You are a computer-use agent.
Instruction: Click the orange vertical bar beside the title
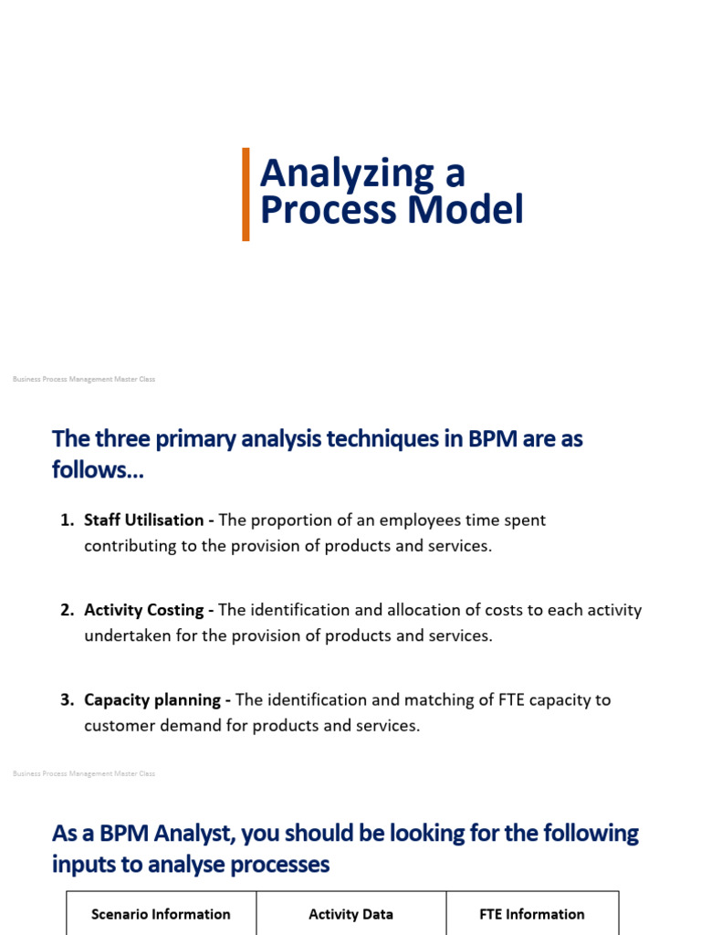(246, 194)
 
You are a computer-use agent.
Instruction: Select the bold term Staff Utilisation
(144, 520)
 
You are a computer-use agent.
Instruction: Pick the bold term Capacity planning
(153, 699)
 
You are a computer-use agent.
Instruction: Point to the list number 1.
(67, 520)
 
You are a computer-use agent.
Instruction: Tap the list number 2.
(67, 609)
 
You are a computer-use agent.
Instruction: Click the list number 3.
(67, 699)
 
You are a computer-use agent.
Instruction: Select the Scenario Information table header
(161, 914)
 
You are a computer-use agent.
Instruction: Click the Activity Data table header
(351, 914)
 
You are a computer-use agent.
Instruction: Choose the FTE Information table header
(532, 914)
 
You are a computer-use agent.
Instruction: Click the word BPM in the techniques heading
(493, 438)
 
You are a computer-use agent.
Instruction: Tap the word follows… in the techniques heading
(98, 472)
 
